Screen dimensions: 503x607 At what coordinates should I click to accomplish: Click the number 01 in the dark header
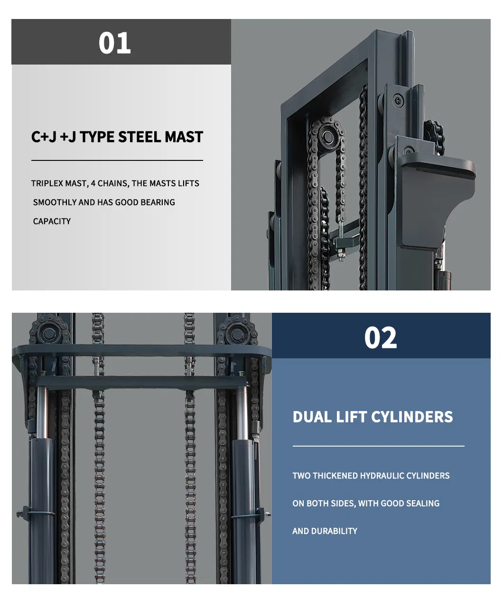coord(114,43)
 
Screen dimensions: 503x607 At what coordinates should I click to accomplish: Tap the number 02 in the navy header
coord(380,337)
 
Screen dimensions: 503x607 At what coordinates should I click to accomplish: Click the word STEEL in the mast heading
coord(139,137)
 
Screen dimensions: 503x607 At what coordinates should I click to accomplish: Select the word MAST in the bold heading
coord(184,137)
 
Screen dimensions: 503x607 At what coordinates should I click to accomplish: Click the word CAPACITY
coord(52,222)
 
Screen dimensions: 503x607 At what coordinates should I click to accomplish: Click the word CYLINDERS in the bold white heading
coord(412,417)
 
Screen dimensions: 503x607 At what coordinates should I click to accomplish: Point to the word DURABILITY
coord(334,531)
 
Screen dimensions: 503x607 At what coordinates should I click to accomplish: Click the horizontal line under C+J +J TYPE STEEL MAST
coord(117,160)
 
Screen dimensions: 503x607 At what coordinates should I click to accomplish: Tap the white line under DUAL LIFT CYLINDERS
coord(378,446)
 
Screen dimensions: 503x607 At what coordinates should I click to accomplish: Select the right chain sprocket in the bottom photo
coord(237,333)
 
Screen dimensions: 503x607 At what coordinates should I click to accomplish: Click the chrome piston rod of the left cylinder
coord(42,413)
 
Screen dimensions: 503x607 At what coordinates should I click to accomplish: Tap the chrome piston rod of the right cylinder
coord(242,413)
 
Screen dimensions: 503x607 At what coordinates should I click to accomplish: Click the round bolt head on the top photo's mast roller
coord(398,101)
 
